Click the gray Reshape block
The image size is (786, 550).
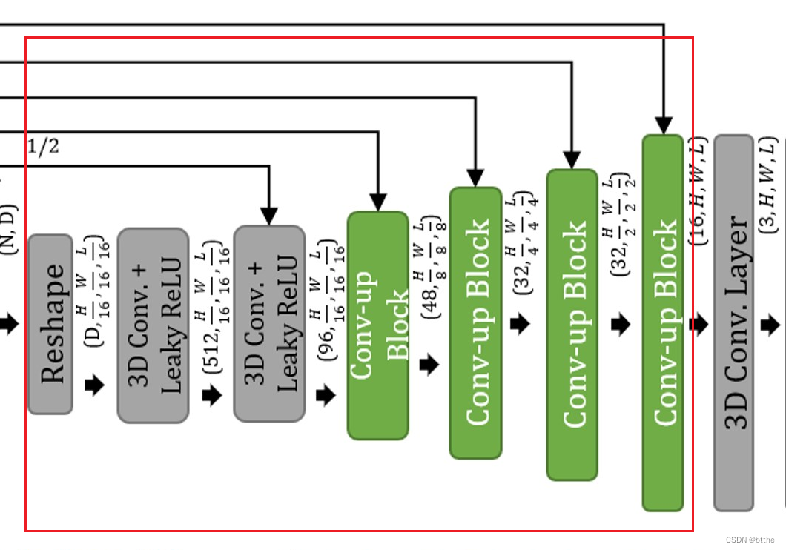(x=50, y=324)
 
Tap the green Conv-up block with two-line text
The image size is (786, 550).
(x=378, y=325)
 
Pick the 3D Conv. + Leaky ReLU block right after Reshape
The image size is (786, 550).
(x=153, y=325)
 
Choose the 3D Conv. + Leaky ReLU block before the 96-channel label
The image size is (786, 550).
(x=269, y=324)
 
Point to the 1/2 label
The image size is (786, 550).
(x=43, y=147)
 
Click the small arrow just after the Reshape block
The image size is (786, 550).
(x=95, y=385)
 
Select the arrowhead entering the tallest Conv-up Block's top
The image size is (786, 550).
(x=663, y=125)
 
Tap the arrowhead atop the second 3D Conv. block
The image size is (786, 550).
(x=269, y=216)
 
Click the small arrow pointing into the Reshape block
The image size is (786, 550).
(x=9, y=324)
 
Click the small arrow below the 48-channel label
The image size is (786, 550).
(x=429, y=365)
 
